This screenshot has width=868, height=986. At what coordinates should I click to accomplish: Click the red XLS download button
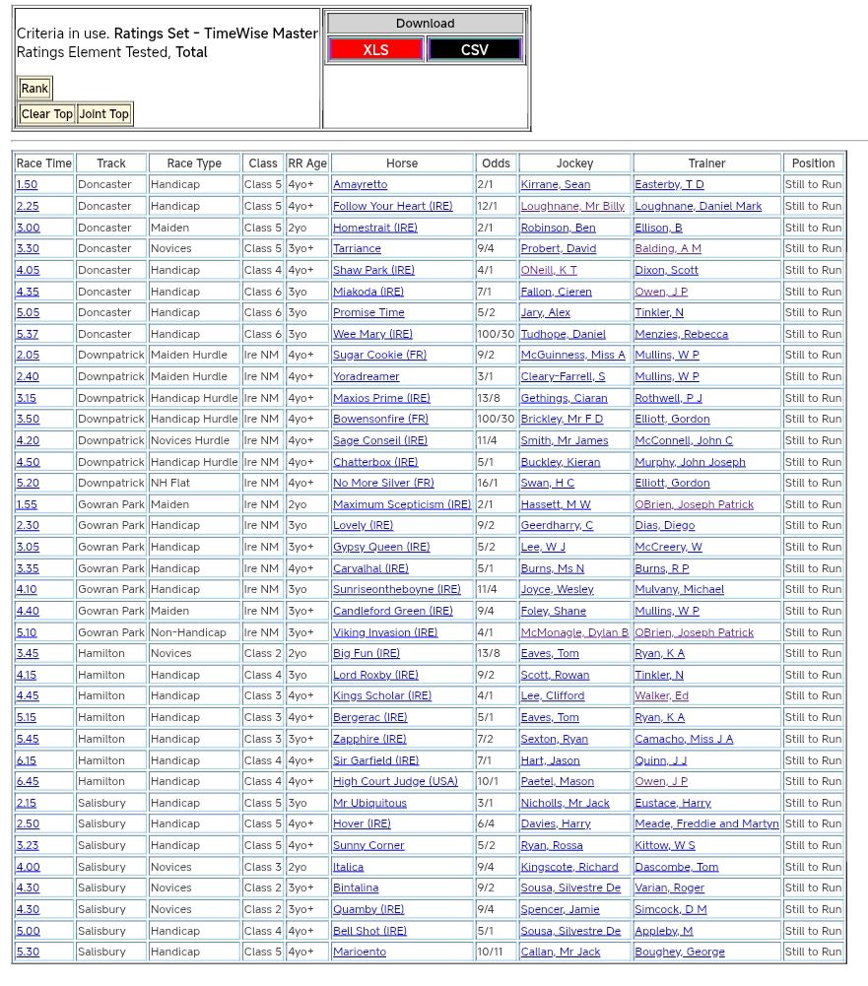[x=375, y=49]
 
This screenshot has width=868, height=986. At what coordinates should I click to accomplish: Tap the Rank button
[x=34, y=89]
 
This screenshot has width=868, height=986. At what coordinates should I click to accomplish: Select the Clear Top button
[x=47, y=114]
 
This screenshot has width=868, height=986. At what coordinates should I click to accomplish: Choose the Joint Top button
[x=104, y=114]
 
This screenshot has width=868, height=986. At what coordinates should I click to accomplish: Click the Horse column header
[x=402, y=164]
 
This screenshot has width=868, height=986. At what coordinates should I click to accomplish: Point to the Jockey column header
[x=575, y=164]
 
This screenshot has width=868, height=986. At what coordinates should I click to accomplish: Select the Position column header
[x=813, y=164]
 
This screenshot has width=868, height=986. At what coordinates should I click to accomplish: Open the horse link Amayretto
[x=361, y=185]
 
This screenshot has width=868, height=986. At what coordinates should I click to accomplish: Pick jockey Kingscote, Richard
[x=569, y=867]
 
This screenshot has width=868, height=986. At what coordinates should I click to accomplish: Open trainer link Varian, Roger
[x=670, y=888]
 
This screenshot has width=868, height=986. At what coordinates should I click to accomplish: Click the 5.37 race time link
[x=28, y=334]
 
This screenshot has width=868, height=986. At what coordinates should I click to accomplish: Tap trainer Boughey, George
[x=680, y=953]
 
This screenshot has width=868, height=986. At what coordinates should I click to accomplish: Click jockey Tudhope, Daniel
[x=564, y=334]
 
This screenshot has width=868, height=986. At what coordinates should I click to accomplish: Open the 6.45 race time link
[x=28, y=782]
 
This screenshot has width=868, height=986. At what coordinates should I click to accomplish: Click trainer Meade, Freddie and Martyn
[x=706, y=824]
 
